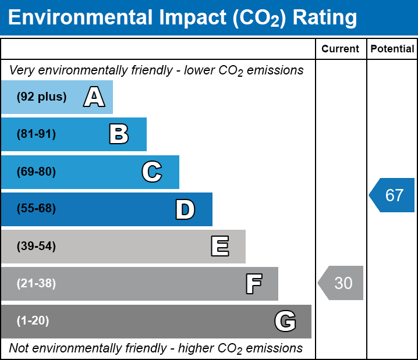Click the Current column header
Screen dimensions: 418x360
(340, 49)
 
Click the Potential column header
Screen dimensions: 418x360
(392, 49)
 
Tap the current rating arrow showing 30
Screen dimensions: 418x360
(341, 283)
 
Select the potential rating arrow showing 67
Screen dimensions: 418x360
(392, 195)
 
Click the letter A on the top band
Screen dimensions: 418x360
(94, 97)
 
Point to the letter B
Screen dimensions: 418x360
(119, 134)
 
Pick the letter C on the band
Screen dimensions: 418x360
(152, 172)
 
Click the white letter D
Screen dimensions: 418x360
(185, 209)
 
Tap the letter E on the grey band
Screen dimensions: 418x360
(220, 246)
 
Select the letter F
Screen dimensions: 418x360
(254, 284)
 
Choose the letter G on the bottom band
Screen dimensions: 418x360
(285, 321)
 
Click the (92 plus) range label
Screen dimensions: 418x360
(41, 97)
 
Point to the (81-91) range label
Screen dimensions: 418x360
(36, 134)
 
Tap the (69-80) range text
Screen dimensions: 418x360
(36, 172)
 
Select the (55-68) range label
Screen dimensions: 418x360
(36, 208)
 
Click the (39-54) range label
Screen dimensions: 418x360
(36, 246)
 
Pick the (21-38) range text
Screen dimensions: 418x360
(36, 283)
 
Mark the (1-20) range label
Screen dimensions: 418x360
(33, 320)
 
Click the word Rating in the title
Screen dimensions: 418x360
(325, 18)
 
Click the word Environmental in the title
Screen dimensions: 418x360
(80, 17)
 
